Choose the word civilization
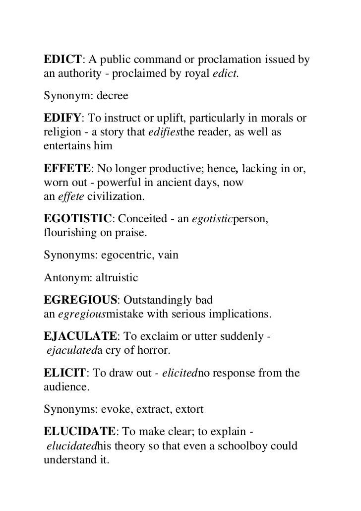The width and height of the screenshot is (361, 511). (116, 197)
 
